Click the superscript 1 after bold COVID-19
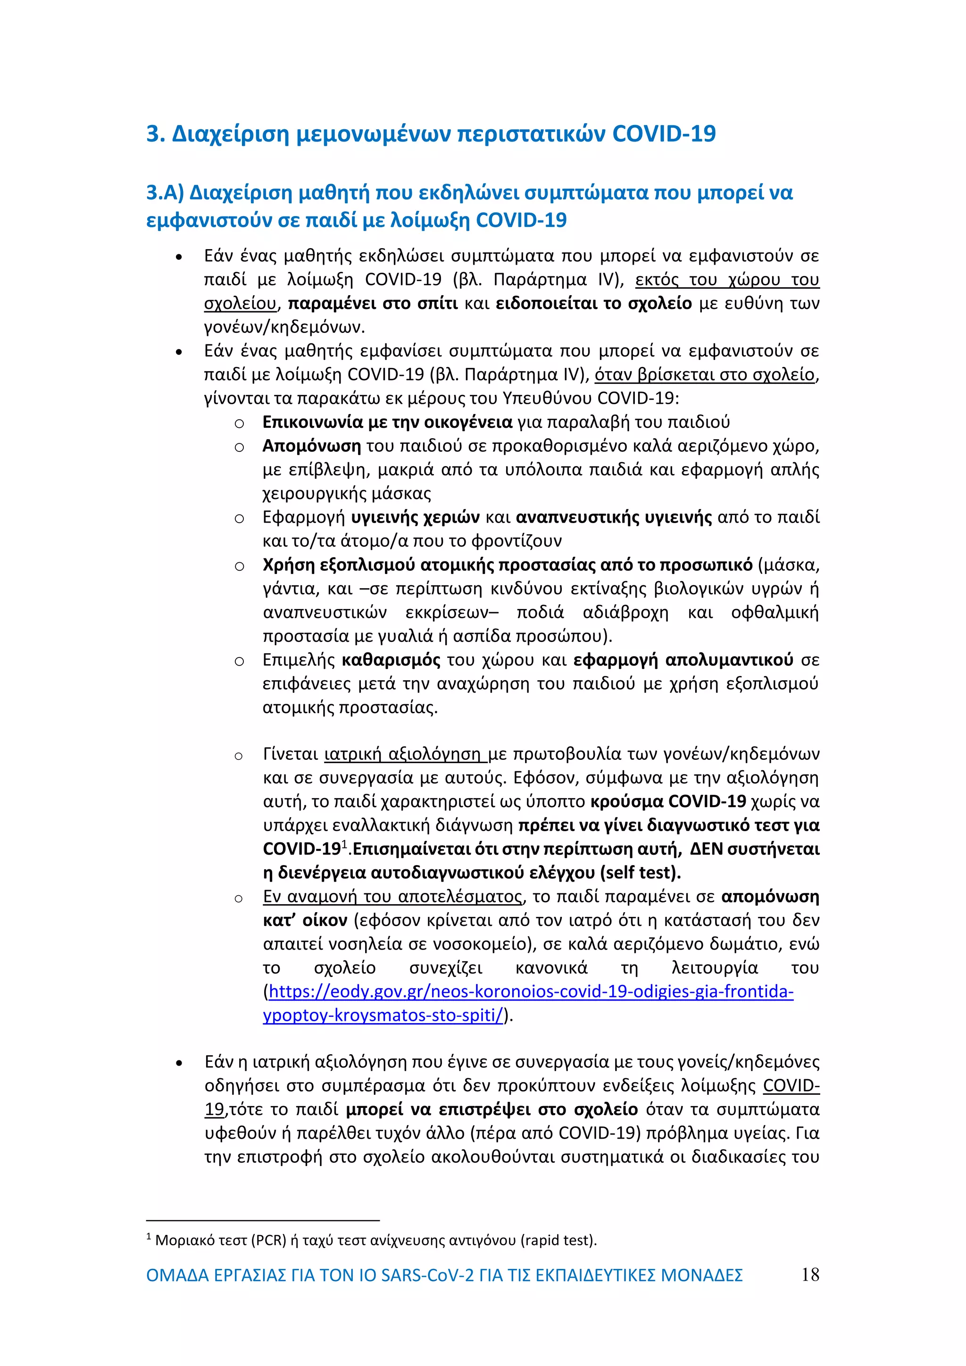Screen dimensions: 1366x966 [344, 844]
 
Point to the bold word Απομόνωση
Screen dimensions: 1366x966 [312, 446]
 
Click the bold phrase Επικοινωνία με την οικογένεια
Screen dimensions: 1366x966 [387, 422]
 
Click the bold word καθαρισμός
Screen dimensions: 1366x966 [391, 660]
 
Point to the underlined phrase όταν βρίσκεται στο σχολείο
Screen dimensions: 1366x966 [704, 375]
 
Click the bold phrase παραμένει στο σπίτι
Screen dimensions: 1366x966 [373, 303]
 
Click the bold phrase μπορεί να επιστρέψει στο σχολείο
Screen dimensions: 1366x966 [491, 1109]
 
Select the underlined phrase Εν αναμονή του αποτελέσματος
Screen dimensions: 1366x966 [392, 897]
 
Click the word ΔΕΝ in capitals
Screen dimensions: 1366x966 [706, 849]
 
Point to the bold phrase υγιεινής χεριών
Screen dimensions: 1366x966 [415, 517]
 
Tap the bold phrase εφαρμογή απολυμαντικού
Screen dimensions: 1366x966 [683, 660]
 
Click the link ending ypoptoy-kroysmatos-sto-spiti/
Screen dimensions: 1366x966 [383, 1016]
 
